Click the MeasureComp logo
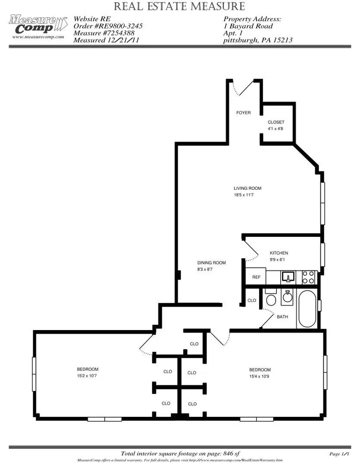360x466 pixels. (38, 25)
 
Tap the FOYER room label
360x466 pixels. (243, 113)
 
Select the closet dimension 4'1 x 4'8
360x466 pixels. (275, 129)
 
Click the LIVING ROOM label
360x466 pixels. (247, 188)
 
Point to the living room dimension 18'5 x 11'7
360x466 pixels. (244, 195)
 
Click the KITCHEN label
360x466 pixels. (279, 253)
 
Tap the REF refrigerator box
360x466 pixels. (256, 277)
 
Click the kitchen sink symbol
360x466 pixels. (288, 277)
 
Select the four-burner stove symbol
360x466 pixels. (309, 277)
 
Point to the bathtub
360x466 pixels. (307, 309)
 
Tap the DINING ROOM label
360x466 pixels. (212, 263)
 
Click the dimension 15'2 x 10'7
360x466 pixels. (87, 376)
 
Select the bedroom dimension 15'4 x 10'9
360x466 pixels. (259, 376)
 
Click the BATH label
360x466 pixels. (282, 317)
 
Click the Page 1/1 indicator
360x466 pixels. (339, 454)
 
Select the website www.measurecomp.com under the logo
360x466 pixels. (38, 37)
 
